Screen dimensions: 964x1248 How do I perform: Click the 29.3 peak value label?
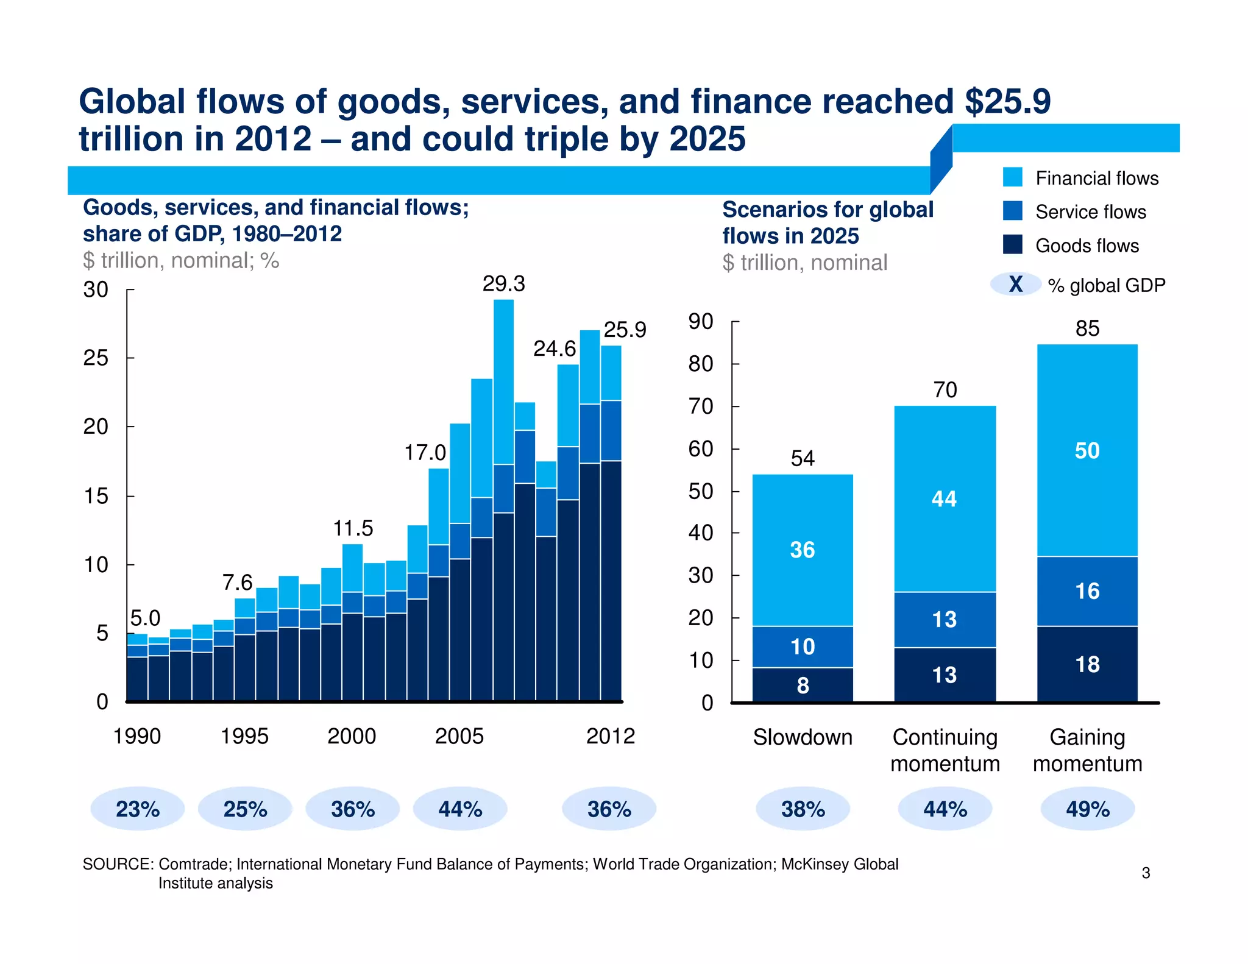tap(503, 284)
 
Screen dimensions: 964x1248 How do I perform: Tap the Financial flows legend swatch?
tap(1013, 177)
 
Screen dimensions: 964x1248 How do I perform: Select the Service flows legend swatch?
tap(1013, 211)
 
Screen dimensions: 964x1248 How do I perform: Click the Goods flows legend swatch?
tap(1013, 244)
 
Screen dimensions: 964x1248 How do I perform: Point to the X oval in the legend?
tap(1015, 285)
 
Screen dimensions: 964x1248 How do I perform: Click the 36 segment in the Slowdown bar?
tap(802, 550)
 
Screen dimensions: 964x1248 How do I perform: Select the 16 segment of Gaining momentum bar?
tap(1087, 591)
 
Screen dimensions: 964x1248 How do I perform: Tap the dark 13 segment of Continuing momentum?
tap(945, 675)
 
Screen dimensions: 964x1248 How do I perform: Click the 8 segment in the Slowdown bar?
tap(803, 686)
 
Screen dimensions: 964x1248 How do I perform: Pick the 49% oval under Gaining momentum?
tap(1087, 809)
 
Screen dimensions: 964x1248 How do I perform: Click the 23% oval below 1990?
tap(138, 809)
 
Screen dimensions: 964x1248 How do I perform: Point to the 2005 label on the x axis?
tap(459, 736)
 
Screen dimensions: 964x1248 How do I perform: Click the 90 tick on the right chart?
tap(701, 322)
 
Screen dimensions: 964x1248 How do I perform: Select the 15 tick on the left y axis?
tap(96, 496)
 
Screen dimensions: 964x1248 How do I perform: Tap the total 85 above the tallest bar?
tap(1087, 328)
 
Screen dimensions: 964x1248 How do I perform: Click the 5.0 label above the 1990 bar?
tap(145, 618)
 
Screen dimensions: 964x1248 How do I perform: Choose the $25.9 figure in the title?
tap(1008, 101)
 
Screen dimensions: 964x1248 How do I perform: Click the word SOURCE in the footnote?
tap(117, 864)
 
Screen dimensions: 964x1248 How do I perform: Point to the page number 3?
tap(1146, 873)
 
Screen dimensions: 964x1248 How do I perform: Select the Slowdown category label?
tap(803, 737)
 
